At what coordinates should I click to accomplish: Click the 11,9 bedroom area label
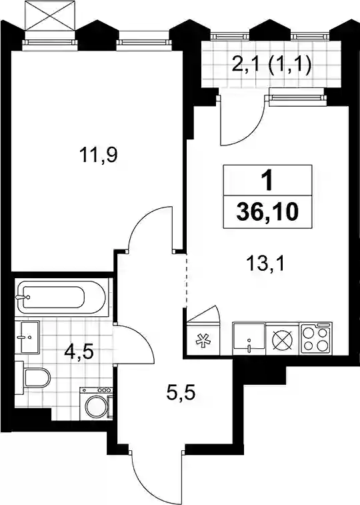99,156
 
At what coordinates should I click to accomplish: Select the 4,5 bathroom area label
79,352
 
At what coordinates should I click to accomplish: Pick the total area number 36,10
267,212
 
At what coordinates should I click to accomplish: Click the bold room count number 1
267,181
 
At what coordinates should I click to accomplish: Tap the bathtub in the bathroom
61,297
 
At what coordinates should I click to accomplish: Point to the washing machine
97,403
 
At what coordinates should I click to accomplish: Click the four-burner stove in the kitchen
315,339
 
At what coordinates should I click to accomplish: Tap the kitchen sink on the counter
249,339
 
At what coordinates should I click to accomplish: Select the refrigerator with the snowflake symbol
203,339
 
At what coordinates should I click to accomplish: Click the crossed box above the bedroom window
50,16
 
